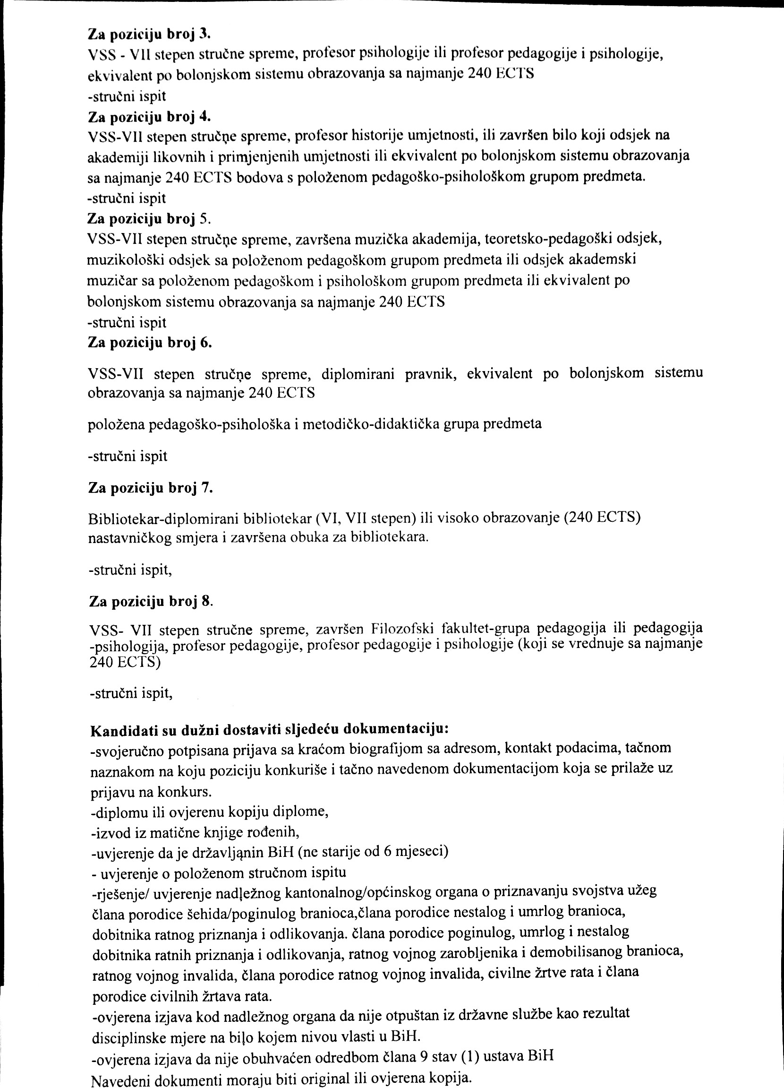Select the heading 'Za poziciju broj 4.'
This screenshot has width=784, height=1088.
click(150, 117)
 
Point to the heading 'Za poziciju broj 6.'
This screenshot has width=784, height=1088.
click(150, 344)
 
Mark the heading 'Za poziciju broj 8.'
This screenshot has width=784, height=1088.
click(151, 602)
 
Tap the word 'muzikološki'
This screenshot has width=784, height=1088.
click(124, 260)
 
